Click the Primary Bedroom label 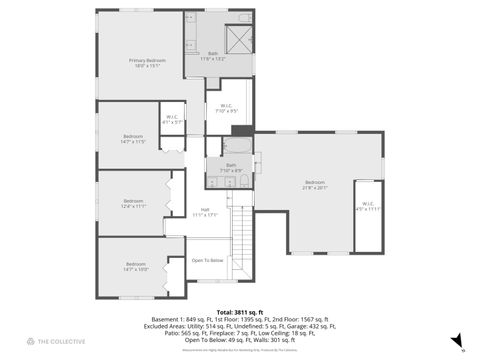click(146, 61)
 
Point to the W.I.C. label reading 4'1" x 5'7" click(172, 119)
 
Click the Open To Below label click(208, 260)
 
